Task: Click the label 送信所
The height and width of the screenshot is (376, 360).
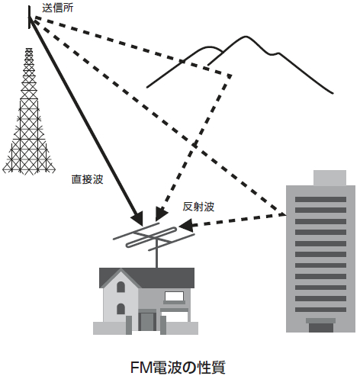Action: (58, 8)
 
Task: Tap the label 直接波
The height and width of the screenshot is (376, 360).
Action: (87, 179)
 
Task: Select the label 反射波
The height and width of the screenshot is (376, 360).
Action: (198, 207)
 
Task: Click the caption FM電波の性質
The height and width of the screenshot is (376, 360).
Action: (178, 367)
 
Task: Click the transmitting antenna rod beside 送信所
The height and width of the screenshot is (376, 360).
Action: (30, 18)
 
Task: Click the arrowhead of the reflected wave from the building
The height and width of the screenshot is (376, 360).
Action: (187, 225)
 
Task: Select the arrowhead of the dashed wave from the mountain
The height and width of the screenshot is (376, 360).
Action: (161, 214)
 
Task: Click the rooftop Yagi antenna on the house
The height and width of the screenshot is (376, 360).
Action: (154, 236)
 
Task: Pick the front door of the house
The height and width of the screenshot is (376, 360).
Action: (147, 321)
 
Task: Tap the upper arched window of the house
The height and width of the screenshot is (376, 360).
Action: (121, 287)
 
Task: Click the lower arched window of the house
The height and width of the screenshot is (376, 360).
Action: (121, 309)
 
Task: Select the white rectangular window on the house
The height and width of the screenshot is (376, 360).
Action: (174, 296)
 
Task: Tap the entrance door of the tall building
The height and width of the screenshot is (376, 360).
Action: (321, 327)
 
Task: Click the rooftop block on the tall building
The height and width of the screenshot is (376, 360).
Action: (329, 178)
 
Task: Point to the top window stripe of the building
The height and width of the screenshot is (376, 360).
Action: (320, 199)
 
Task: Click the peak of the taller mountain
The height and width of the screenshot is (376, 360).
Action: (246, 37)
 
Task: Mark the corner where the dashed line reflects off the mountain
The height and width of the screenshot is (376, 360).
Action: (230, 76)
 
